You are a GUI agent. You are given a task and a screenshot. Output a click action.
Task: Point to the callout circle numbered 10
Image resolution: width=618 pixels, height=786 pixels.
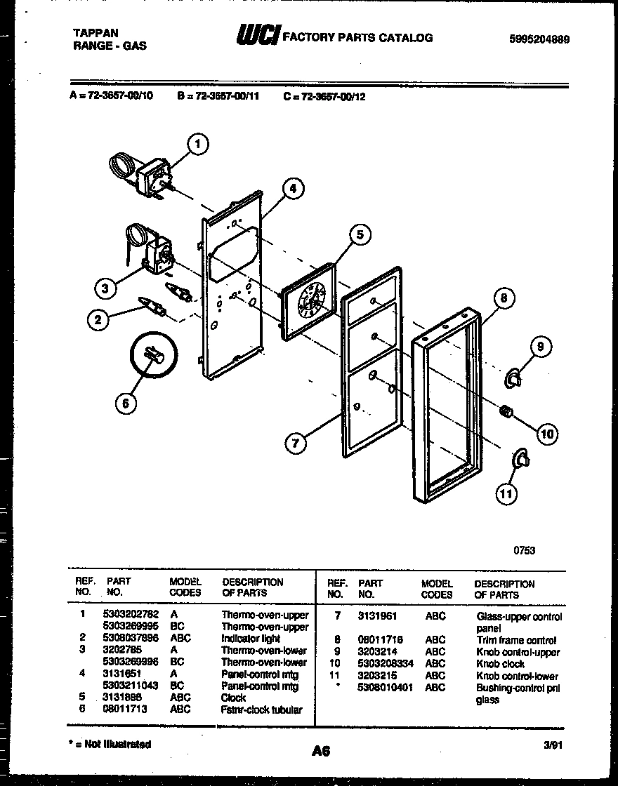547,434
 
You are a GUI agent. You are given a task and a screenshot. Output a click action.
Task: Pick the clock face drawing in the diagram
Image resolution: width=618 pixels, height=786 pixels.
308,302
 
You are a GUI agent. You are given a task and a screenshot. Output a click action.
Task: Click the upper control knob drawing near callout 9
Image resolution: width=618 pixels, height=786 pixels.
514,379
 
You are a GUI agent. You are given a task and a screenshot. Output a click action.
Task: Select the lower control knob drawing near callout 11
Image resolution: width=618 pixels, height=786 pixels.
521,459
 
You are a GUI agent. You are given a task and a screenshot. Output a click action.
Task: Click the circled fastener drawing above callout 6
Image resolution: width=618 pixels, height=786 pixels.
152,357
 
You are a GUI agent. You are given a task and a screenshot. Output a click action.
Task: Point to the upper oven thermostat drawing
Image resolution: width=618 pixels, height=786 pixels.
144,175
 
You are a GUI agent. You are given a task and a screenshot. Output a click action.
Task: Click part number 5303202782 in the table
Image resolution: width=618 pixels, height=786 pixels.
131,615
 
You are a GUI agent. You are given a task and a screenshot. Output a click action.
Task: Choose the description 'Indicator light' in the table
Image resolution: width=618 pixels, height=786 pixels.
251,639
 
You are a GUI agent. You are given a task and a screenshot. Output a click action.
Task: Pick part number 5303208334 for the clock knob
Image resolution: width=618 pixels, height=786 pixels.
386,664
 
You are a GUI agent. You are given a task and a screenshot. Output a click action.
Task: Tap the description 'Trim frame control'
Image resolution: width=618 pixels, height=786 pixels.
516,641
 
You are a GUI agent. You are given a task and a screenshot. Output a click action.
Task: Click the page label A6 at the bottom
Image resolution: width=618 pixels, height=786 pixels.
321,751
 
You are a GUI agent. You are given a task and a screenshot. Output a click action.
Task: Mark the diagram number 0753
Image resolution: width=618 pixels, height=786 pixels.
524,550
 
